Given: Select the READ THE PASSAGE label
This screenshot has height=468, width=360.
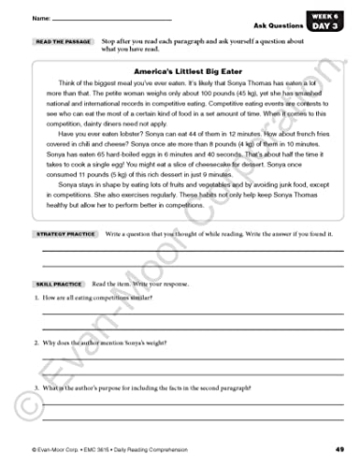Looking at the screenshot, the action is [x=64, y=43].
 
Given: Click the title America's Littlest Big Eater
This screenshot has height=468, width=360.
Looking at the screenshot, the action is [x=180, y=71].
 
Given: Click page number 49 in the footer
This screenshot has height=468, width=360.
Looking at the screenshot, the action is [x=340, y=451].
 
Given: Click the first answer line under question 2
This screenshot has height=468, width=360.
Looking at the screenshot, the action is [x=187, y=358].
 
